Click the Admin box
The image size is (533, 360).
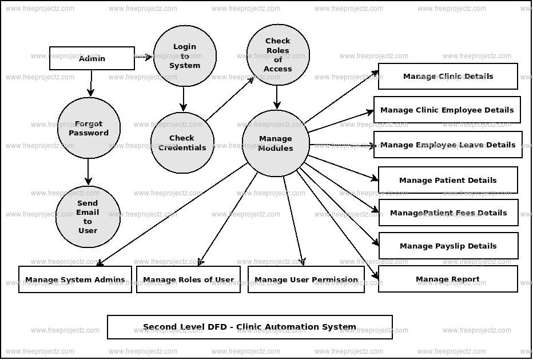[x=92, y=58]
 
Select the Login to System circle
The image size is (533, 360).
[x=185, y=56]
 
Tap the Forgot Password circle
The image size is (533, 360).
[x=89, y=128]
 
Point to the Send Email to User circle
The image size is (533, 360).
[x=87, y=217]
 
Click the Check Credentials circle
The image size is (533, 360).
[x=182, y=143]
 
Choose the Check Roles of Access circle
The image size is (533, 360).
[x=278, y=55]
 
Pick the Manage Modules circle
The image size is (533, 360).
[x=276, y=143]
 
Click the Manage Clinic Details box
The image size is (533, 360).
[x=448, y=76]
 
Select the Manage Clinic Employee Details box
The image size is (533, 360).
[x=447, y=110]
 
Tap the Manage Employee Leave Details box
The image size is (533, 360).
[x=448, y=145]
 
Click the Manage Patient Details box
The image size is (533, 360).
[x=448, y=180]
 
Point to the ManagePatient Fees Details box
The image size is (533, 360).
[x=448, y=213]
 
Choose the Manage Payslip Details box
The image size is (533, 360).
[x=448, y=246]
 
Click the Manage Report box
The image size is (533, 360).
[x=448, y=279]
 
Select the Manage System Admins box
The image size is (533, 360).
[x=75, y=279]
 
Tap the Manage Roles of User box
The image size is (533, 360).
[x=188, y=279]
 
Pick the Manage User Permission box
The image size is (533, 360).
[x=306, y=279]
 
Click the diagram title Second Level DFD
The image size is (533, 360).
[x=249, y=327]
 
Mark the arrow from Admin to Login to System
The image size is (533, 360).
[x=144, y=57]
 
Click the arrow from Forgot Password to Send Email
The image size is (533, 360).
[x=88, y=172]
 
